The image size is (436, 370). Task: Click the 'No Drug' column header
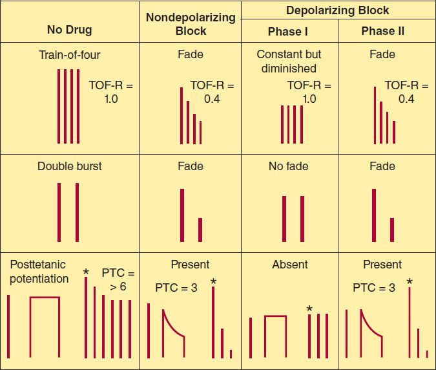[69, 30]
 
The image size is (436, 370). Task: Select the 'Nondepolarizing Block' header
[191, 24]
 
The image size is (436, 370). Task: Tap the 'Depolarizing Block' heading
[338, 10]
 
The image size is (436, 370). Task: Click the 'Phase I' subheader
[289, 31]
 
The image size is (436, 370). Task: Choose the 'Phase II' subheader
[386, 31]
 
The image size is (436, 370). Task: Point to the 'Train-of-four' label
[69, 55]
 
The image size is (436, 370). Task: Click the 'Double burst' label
[69, 166]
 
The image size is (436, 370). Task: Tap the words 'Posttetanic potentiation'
[39, 272]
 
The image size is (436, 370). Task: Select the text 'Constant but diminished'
[289, 61]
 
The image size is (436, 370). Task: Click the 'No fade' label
[289, 166]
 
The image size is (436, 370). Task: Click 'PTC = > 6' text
[118, 279]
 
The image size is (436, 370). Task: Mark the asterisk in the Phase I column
[309, 309]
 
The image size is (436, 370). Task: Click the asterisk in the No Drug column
[86, 273]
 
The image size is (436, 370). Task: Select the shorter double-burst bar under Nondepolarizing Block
[200, 230]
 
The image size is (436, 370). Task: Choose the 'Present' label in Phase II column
[382, 264]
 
